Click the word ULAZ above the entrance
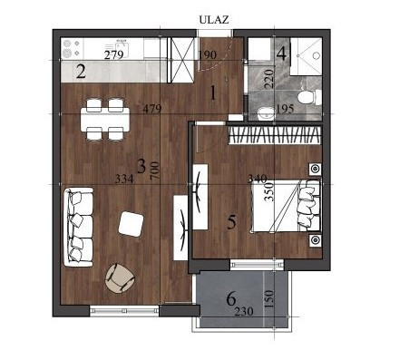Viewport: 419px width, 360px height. point(214,20)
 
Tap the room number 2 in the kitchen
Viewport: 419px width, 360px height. point(81,73)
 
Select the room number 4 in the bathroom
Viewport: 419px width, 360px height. point(281,54)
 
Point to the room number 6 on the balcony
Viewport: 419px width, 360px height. point(231,299)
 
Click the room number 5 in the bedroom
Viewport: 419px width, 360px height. point(231,222)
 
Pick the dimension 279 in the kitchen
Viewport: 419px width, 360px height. point(113,55)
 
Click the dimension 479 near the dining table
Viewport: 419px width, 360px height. point(152,109)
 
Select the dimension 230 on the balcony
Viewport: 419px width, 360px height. point(244,311)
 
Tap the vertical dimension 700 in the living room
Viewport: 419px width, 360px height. point(154,171)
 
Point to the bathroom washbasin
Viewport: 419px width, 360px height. point(267,113)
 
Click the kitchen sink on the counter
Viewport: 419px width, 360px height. point(122,48)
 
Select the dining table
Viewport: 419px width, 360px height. point(105,119)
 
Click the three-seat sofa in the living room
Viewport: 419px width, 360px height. point(78,228)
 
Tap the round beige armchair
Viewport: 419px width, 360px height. point(120,278)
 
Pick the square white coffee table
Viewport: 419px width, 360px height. point(131,224)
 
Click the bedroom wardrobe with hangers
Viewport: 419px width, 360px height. point(274,135)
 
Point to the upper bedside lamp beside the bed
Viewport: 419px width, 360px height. point(315,169)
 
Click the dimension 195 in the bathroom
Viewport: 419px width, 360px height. point(285,109)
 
